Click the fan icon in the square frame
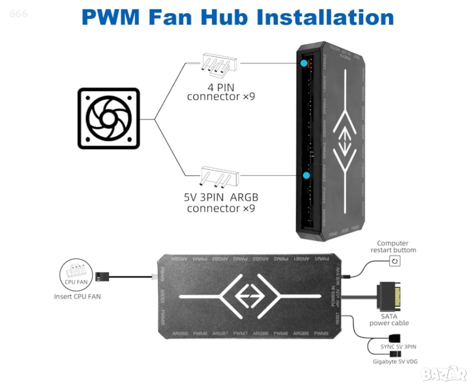coord(108,118)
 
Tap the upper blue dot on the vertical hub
coord(304,63)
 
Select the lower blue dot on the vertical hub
coord(307,175)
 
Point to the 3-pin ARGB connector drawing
coord(219,177)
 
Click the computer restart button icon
coord(395,262)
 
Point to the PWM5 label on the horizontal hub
coord(321,333)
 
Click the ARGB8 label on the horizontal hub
coord(180,333)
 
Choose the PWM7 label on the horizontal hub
coord(241,333)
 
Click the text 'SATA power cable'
coord(389,320)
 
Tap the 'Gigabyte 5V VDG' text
coord(395,362)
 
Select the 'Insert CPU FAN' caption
coord(77,296)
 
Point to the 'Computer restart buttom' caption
coord(393,246)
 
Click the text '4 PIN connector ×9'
coord(221,92)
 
